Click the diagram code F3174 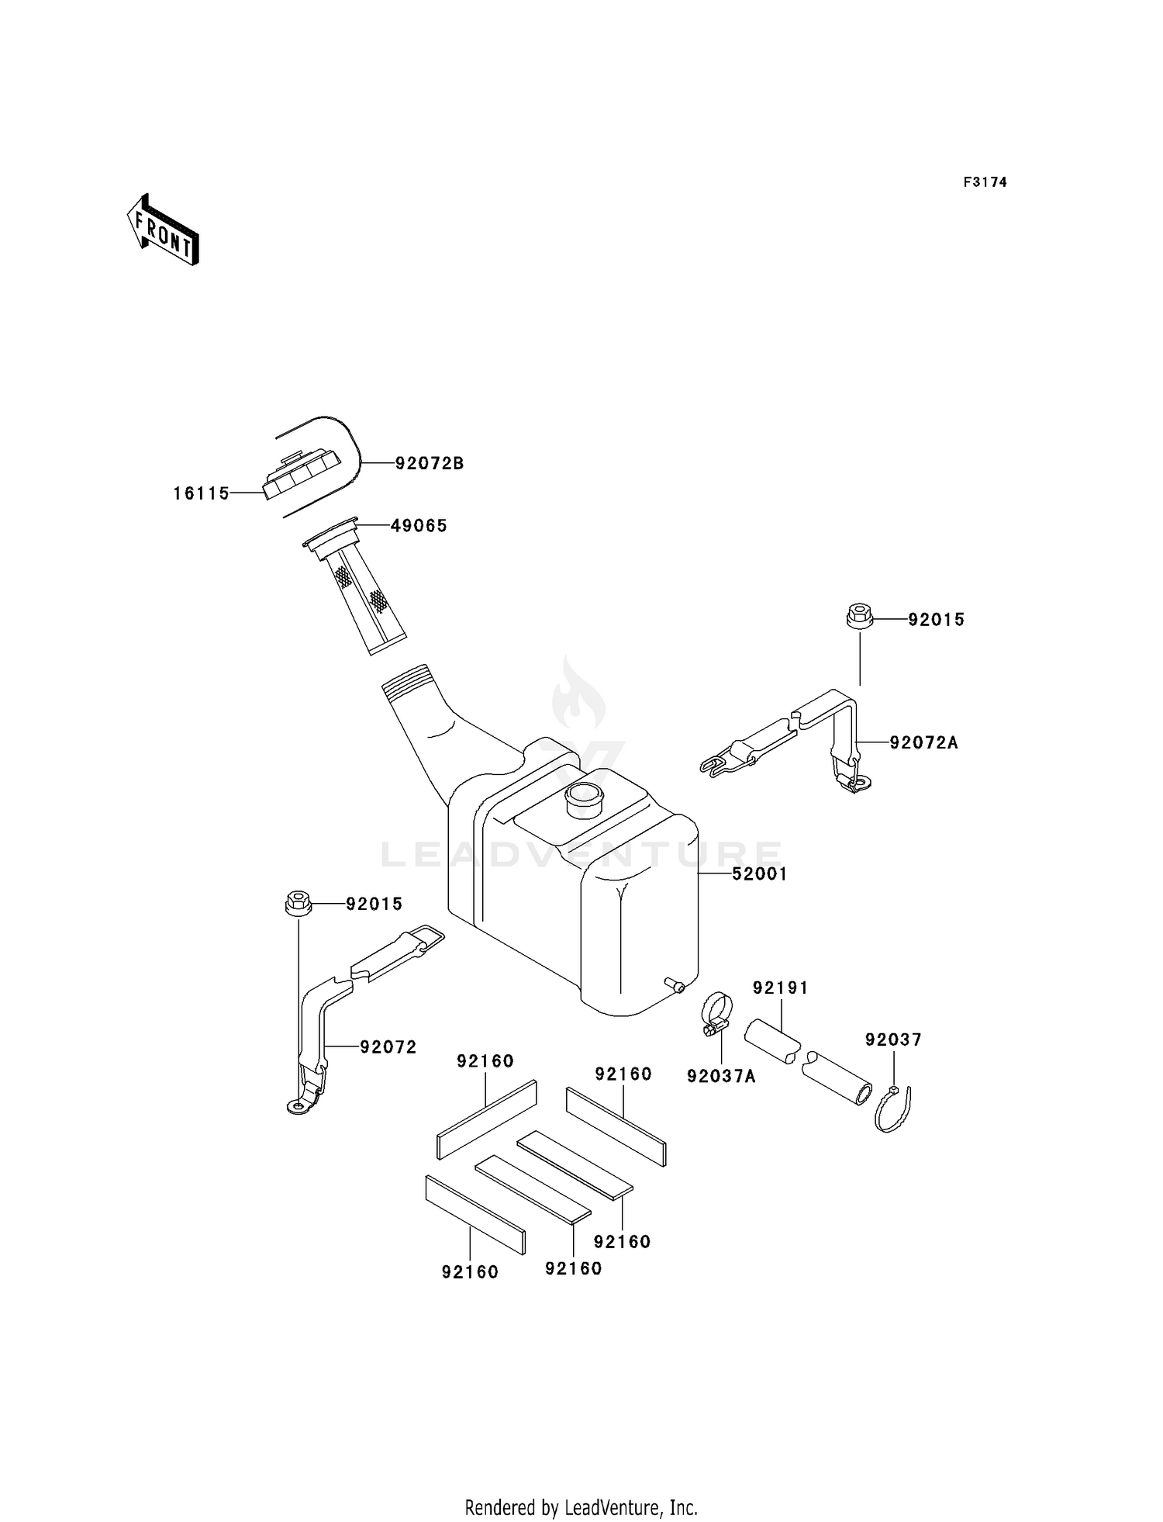985,182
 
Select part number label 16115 202,493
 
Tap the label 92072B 430,464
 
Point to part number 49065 419,526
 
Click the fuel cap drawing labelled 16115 302,473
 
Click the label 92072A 923,743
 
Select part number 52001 760,874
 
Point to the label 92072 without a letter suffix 388,1047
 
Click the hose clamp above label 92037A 716,1015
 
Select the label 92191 781,988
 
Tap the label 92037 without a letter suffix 893,1039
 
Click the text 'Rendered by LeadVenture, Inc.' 581,1508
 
